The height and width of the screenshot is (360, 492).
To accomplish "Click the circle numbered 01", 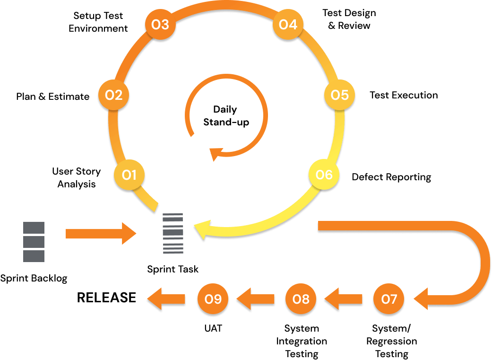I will pyautogui.click(x=129, y=175).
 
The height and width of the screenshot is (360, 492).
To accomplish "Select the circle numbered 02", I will pyautogui.click(x=113, y=95).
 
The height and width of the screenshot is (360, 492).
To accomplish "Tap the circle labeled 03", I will pyautogui.click(x=160, y=25).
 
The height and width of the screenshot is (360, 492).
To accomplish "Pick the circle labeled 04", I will pyautogui.click(x=288, y=25).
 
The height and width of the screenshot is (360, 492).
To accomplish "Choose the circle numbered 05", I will pyautogui.click(x=339, y=95).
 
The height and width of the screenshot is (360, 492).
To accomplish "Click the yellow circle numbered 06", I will pyautogui.click(x=324, y=175).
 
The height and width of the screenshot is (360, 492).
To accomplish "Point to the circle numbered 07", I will pyautogui.click(x=388, y=299).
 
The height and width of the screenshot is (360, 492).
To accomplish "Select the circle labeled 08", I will pyautogui.click(x=301, y=299).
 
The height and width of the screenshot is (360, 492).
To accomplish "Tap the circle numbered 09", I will pyautogui.click(x=213, y=299).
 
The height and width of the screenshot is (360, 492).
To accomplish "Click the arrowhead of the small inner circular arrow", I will pyautogui.click(x=216, y=154).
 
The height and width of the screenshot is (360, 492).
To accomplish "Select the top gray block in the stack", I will pyautogui.click(x=34, y=228).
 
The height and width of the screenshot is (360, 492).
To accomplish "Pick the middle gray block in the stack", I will pyautogui.click(x=34, y=242).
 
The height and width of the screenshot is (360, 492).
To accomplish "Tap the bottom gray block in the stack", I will pyautogui.click(x=34, y=256).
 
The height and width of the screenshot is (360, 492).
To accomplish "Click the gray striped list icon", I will pyautogui.click(x=173, y=233).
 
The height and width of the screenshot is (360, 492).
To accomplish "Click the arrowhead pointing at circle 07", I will pyautogui.click(x=422, y=299).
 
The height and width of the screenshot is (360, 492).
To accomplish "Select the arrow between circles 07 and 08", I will pyautogui.click(x=343, y=299).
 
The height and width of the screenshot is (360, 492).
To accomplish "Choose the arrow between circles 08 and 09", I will pyautogui.click(x=255, y=299).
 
